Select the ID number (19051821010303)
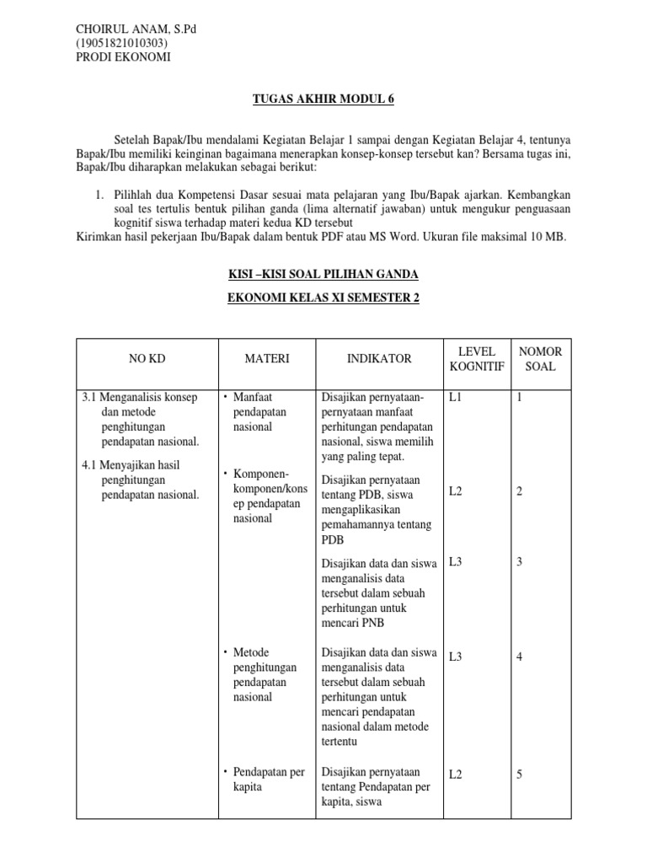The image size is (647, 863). [121, 43]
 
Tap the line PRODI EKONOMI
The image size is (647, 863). [123, 57]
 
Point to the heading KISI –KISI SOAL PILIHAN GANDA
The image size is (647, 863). [323, 276]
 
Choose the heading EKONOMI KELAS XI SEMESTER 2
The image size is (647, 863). [323, 297]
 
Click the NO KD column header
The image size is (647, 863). [147, 359]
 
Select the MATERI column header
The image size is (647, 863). [266, 359]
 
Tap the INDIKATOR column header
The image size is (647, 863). [379, 359]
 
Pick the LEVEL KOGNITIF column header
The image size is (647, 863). [477, 359]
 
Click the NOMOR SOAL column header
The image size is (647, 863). [540, 359]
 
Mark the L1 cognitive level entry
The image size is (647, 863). [456, 396]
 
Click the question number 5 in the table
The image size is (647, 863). [520, 775]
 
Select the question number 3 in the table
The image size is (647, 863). [520, 561]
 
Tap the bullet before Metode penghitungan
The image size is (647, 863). [226, 652]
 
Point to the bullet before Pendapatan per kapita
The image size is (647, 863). [226, 772]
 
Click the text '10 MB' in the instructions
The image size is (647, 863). [548, 237]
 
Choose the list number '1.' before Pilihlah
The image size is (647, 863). [99, 195]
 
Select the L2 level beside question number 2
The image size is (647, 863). [456, 490]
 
